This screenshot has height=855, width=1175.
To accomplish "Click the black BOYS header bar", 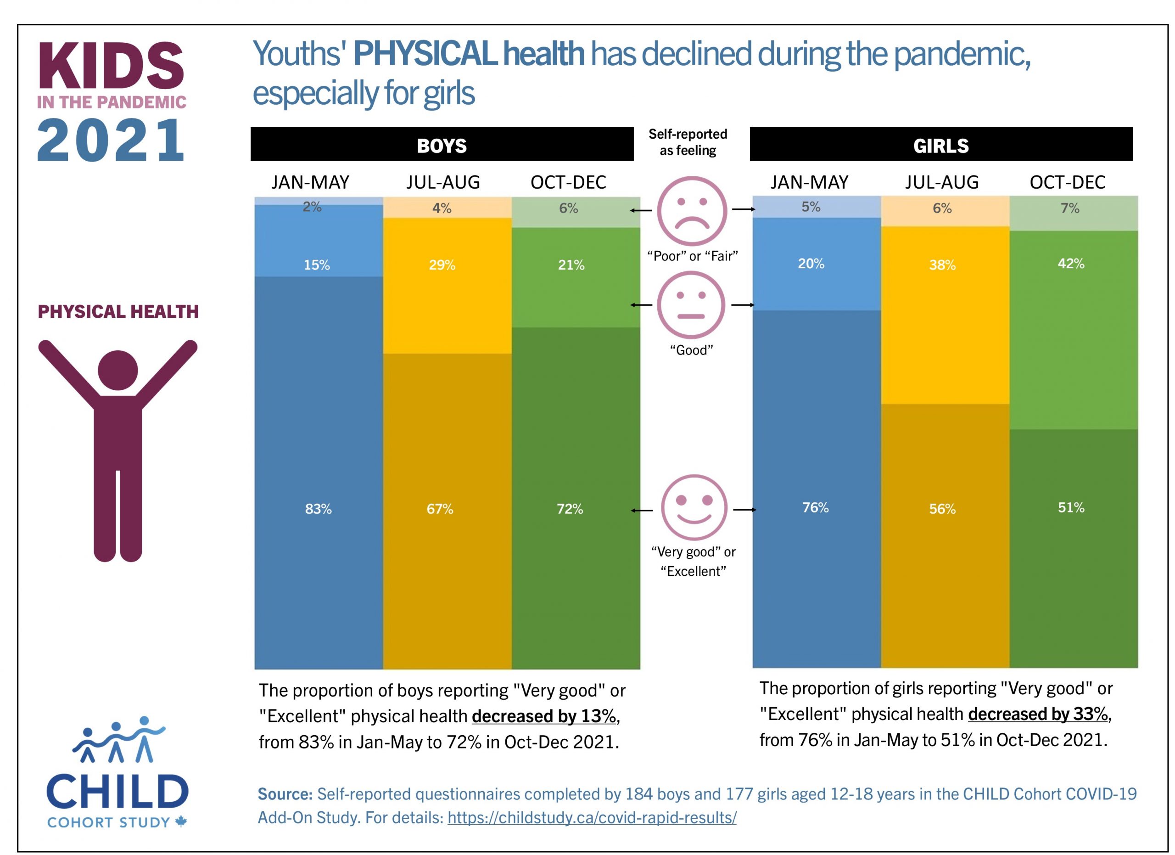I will click(442, 144).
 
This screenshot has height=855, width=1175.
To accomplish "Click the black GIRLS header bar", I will click(940, 144).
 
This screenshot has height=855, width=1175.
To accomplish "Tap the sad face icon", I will click(692, 211).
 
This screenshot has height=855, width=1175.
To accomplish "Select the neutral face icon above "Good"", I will click(691, 305).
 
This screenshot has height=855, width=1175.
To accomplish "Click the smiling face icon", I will click(694, 507).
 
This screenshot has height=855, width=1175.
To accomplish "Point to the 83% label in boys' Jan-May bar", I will click(318, 509).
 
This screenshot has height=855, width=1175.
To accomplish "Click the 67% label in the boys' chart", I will click(440, 509).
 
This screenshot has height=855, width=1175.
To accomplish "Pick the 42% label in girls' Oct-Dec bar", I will click(1070, 264).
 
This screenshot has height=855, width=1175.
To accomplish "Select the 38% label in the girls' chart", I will click(942, 265).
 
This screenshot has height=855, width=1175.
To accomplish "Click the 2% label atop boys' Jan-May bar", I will click(312, 207).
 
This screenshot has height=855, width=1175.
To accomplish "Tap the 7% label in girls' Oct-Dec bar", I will click(1069, 208).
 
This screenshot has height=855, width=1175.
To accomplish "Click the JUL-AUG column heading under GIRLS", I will click(941, 182).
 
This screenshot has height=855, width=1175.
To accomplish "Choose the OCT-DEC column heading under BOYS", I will click(568, 182).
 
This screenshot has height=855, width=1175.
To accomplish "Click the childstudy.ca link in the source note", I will click(592, 818).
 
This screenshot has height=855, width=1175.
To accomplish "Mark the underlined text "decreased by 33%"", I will click(1038, 714).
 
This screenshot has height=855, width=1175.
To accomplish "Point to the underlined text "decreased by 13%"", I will click(543, 716).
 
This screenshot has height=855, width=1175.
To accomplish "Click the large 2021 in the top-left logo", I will click(110, 140).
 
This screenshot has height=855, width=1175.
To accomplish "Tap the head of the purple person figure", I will click(117, 370).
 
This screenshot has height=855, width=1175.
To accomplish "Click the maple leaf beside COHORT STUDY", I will click(181, 821).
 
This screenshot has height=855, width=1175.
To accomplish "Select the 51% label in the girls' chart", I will click(1070, 507).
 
